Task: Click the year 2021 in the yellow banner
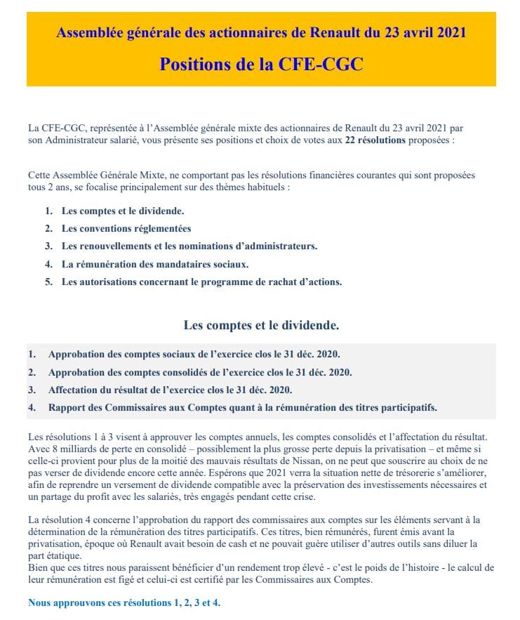click(449, 32)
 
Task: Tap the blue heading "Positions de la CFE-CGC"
click(261, 64)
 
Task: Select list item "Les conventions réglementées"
click(126, 228)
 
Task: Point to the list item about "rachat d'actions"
click(201, 282)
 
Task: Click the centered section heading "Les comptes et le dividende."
click(261, 325)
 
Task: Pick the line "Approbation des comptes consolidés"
click(200, 372)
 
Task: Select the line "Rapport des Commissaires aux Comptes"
click(243, 407)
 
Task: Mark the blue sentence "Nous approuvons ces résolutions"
click(124, 602)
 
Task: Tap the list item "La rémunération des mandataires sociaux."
click(155, 264)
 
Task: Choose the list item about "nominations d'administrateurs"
click(189, 246)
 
